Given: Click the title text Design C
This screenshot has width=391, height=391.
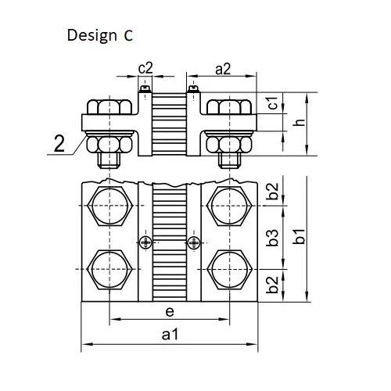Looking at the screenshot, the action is (x=100, y=35).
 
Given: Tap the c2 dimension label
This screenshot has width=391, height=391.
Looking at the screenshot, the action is (x=145, y=68).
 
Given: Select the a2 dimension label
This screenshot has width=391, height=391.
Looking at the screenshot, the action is (x=223, y=70).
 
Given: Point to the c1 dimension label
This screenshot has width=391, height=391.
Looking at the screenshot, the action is (x=273, y=102).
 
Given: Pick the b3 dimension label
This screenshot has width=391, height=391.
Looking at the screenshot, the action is (x=272, y=238).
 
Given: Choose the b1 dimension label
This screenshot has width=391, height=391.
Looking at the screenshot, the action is (x=299, y=236).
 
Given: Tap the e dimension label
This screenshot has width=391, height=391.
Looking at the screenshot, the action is (x=170, y=311).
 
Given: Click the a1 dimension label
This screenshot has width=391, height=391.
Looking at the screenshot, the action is (x=170, y=335).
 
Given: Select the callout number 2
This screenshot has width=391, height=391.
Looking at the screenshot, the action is (x=59, y=143).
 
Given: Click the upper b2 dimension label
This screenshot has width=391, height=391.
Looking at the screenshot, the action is (x=272, y=192).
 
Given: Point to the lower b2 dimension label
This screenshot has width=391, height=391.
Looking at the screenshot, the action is (x=272, y=285).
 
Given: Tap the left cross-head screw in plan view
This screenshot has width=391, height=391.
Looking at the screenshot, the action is (x=145, y=242).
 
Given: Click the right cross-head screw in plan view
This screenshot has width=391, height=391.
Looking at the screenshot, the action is (x=194, y=243).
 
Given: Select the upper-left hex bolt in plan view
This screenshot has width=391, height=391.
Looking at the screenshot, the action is (x=110, y=206).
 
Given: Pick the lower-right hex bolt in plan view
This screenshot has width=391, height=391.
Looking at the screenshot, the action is (x=229, y=270).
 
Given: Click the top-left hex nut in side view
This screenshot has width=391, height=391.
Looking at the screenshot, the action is (x=109, y=106).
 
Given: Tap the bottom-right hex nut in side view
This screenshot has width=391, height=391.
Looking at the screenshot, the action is (x=229, y=145).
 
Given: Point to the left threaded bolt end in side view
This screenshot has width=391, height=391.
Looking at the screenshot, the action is (x=109, y=160).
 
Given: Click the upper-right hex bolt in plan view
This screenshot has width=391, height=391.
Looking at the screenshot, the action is (x=229, y=206).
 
